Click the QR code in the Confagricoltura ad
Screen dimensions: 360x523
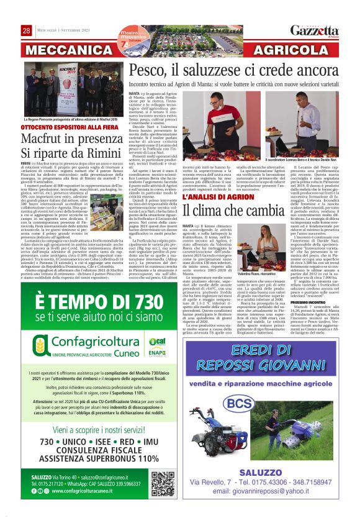pyautogui.click(x=162, y=483)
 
